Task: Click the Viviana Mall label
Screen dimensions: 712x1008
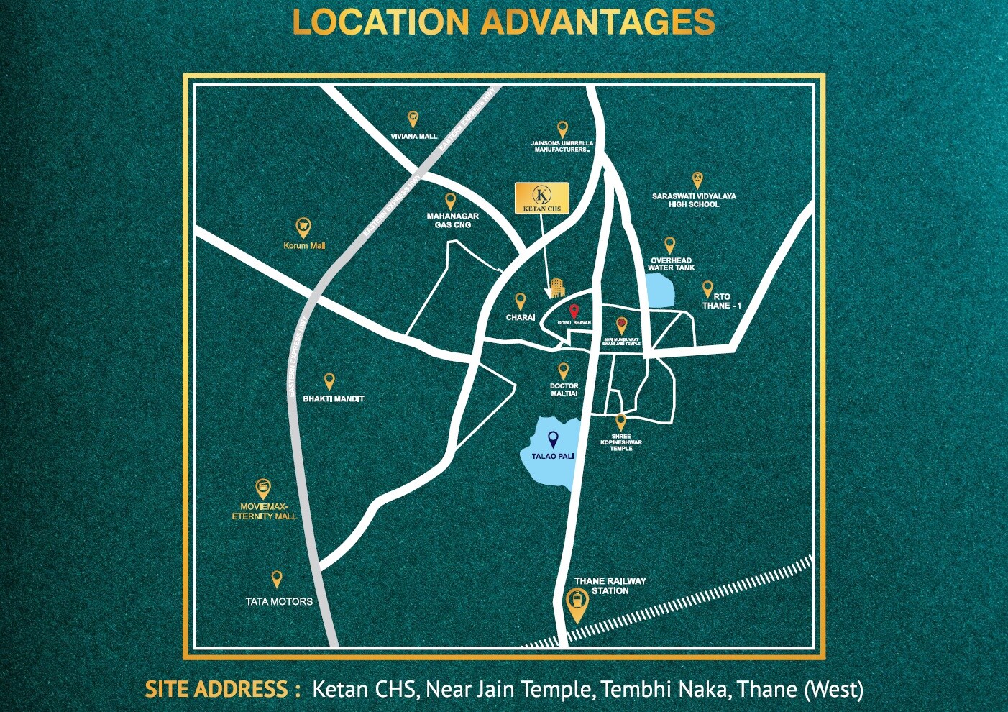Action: click(x=413, y=136)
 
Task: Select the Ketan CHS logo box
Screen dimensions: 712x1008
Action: click(x=542, y=198)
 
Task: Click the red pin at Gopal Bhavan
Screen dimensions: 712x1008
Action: click(x=574, y=311)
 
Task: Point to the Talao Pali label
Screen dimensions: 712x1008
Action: click(x=552, y=456)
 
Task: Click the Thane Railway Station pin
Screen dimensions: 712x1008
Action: click(x=576, y=604)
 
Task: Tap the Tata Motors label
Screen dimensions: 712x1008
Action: click(x=279, y=601)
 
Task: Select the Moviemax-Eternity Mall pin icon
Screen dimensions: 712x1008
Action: click(x=263, y=489)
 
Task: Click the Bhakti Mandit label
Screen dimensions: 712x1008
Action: click(x=333, y=398)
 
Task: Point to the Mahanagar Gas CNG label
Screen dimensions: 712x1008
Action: click(x=452, y=220)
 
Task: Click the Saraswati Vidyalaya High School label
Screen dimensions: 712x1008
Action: click(x=694, y=200)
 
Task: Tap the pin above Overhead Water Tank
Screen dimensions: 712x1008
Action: click(x=669, y=245)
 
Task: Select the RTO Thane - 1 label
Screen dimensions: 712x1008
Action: click(x=721, y=301)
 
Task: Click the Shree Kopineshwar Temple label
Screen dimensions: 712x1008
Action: click(x=621, y=442)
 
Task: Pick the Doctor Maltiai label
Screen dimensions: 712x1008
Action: click(x=564, y=390)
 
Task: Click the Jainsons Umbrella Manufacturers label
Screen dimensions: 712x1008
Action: click(x=562, y=147)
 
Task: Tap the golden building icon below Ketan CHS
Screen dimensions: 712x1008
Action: click(x=556, y=288)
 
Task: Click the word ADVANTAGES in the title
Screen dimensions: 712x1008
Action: click(x=598, y=22)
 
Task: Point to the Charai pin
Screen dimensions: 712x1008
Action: click(x=520, y=301)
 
